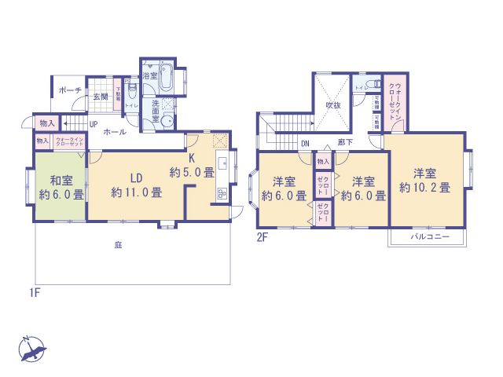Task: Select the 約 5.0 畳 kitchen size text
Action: (x=192, y=171)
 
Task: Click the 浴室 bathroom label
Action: (x=149, y=77)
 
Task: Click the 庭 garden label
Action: (x=117, y=245)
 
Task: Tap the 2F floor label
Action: (x=262, y=236)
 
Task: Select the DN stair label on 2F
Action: (x=306, y=143)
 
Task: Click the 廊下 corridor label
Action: (x=345, y=143)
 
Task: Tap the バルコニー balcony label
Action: (x=428, y=236)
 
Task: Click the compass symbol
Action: (x=31, y=348)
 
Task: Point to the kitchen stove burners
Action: (x=220, y=194)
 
